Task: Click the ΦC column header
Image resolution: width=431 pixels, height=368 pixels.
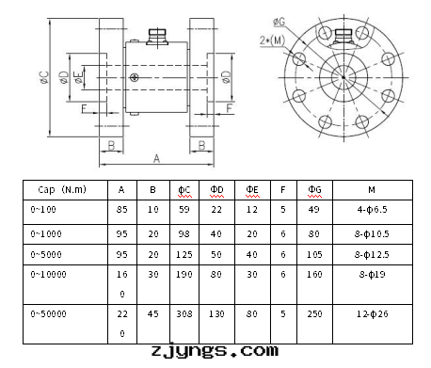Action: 184,190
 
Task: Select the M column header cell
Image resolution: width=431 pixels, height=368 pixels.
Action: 373,190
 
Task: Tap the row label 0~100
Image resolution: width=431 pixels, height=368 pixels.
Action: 43,209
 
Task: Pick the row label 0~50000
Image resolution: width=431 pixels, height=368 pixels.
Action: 48,313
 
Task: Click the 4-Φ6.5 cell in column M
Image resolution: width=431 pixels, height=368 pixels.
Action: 373,209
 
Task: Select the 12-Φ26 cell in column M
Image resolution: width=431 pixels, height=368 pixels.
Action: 373,313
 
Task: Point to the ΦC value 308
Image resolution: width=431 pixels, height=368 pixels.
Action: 184,313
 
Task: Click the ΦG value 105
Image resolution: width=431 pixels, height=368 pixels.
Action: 314,254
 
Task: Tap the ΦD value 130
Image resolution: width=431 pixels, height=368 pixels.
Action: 216,313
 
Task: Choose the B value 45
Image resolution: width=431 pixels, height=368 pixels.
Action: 153,313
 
